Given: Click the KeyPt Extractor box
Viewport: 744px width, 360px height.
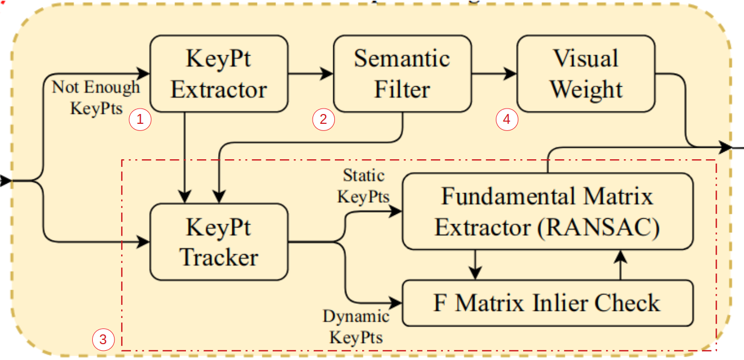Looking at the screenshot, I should pos(219,74).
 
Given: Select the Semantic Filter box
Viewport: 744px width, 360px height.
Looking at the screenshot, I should pos(402,74).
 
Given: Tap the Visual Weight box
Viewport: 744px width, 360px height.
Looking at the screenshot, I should pos(585,74).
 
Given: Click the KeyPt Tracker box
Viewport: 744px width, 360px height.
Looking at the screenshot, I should pos(219,242).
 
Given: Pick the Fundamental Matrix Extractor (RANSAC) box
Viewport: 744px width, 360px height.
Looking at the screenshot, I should pos(547,212).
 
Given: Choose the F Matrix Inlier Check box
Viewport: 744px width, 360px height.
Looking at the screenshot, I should pos(547,303).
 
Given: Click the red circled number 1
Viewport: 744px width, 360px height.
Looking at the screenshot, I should pos(140,120).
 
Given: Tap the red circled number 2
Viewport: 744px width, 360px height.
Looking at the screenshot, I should pos(323,120).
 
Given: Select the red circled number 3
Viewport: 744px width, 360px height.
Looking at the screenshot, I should pos(103,340).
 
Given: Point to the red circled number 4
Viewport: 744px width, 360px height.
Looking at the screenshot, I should pos(506,120).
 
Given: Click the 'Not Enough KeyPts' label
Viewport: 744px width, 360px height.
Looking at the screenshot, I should pos(96,97).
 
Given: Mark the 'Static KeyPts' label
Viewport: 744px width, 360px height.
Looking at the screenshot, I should pos(363,186).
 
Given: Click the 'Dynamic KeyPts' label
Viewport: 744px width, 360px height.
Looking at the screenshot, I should pos(356,327).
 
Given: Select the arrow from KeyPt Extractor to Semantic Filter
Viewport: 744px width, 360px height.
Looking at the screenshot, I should pos(311,74).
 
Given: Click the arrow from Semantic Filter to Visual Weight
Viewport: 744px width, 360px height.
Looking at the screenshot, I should pos(494,74).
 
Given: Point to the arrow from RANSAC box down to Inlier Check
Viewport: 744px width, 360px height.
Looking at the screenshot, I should pos(476,265).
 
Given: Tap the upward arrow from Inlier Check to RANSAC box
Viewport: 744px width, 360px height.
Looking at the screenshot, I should pos(620,265).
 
